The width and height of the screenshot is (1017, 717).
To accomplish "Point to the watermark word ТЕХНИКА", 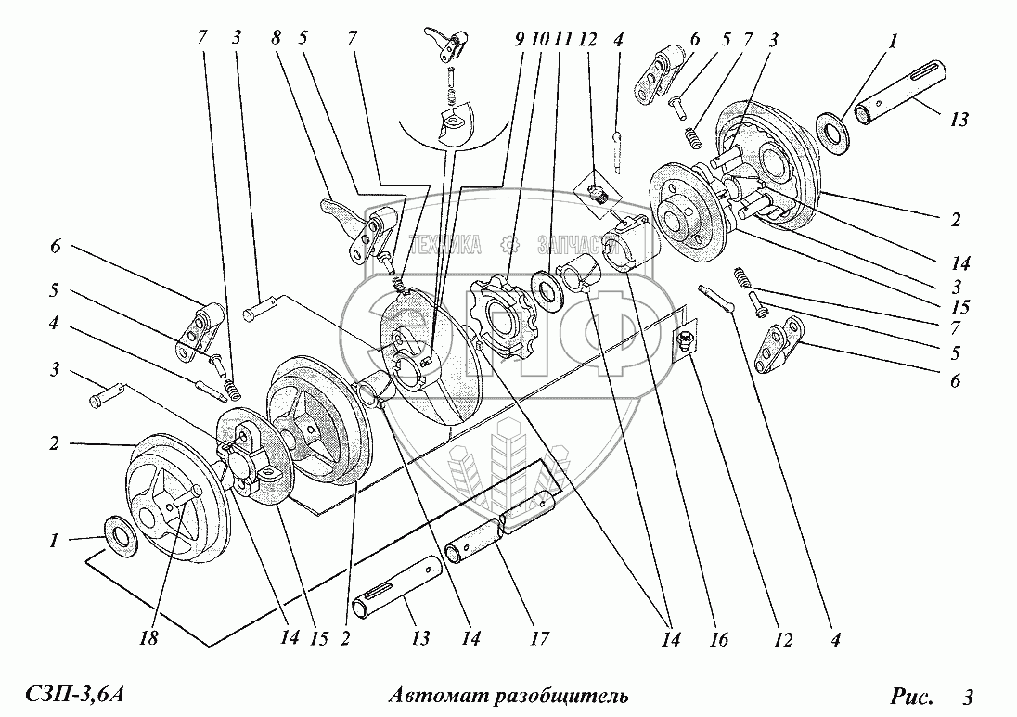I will tap(446, 245).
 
